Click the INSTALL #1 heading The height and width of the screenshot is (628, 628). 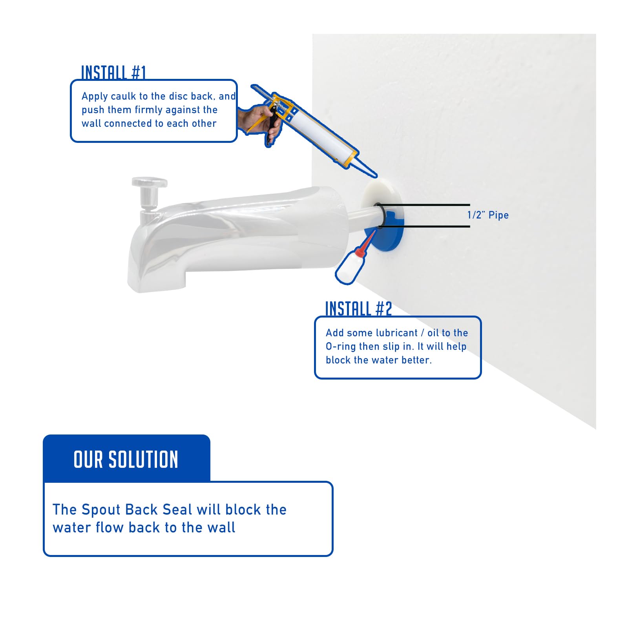click(113, 73)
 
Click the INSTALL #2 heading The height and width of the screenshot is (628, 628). click(358, 309)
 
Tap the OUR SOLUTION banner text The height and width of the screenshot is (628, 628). click(126, 460)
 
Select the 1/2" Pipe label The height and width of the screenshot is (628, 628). click(487, 215)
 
